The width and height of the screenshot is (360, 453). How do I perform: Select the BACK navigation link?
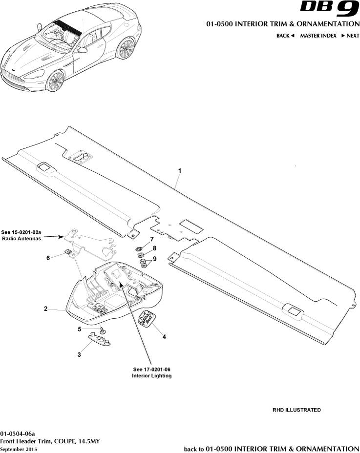(x=285, y=36)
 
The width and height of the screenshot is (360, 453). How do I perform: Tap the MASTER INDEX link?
(x=318, y=36)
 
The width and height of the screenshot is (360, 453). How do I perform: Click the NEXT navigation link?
(x=350, y=36)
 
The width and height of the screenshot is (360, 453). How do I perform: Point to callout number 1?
(x=180, y=170)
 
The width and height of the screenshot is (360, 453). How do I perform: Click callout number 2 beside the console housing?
(x=45, y=309)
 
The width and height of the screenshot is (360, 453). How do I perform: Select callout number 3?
(x=79, y=354)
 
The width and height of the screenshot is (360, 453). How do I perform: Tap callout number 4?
(x=164, y=337)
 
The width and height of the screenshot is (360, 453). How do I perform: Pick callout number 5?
(x=79, y=329)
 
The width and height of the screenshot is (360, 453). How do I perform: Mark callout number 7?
(x=152, y=239)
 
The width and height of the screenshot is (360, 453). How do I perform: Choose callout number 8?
(x=154, y=248)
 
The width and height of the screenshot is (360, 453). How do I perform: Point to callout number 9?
(x=154, y=259)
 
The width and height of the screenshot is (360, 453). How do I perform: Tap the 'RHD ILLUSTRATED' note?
(x=296, y=410)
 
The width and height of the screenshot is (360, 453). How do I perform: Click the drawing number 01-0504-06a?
(x=18, y=433)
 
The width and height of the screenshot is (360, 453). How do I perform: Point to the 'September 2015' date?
(x=19, y=449)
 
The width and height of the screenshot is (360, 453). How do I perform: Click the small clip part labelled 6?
(x=68, y=252)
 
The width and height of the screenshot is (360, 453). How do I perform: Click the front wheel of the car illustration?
(x=55, y=81)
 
